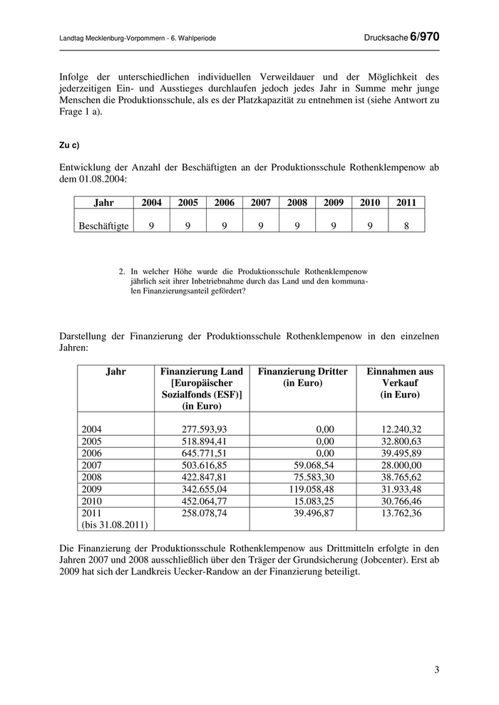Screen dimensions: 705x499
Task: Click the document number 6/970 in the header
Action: click(425, 37)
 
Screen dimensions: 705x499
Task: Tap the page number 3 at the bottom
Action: click(436, 670)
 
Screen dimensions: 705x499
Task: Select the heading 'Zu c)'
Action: click(69, 145)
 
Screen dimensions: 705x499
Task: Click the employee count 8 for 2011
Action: click(406, 226)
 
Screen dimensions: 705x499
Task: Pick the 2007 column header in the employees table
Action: click(261, 203)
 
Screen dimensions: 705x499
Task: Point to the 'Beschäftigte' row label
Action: click(103, 226)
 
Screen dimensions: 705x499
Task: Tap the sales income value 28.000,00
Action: click(400, 465)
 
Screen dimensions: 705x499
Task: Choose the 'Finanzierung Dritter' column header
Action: click(303, 377)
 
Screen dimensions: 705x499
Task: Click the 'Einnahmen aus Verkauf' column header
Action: click(400, 382)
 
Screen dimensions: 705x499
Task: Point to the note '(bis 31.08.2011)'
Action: click(115, 526)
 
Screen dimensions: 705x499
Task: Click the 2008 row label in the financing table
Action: click(93, 477)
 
